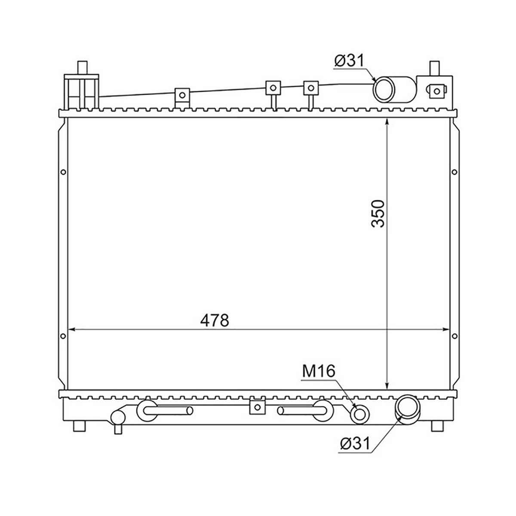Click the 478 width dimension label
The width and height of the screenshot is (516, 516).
215,320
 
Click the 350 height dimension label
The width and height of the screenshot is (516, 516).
378,213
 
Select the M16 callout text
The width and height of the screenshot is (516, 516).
319,372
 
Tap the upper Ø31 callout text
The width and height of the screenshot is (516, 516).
350,60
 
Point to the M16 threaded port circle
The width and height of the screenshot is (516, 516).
359,415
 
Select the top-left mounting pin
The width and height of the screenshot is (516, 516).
82,68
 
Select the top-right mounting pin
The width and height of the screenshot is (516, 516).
434,68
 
